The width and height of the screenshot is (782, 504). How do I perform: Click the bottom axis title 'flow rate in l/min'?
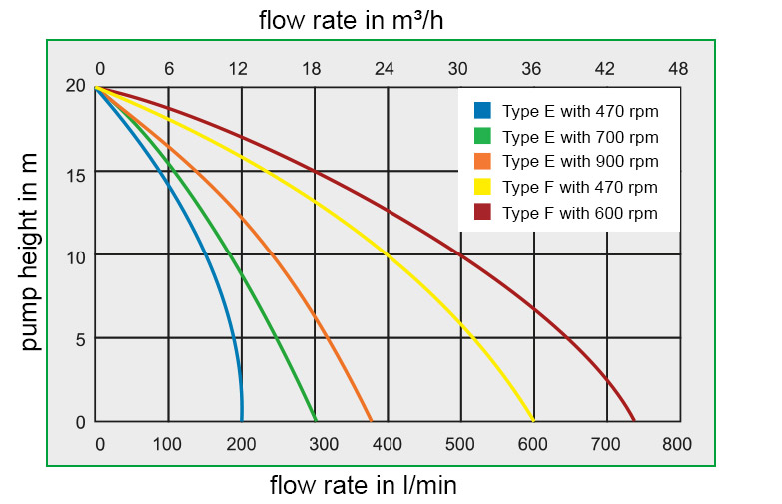[364, 486]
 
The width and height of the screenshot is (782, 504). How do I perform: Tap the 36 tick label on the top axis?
[531, 69]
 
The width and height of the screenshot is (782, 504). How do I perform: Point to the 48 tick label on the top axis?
[678, 69]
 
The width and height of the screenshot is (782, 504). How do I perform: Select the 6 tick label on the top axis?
[169, 69]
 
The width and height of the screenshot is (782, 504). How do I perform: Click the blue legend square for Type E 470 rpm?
[483, 110]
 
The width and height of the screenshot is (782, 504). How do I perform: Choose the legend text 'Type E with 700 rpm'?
[580, 136]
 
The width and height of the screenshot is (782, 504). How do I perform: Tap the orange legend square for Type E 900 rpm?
[483, 161]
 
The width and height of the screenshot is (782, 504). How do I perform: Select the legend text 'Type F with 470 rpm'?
[580, 187]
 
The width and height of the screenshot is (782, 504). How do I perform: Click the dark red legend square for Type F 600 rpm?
[483, 212]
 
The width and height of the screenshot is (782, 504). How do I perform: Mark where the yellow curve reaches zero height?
[534, 420]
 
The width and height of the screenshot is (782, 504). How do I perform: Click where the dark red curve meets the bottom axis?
[634, 420]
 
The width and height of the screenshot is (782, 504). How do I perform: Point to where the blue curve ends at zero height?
[242, 420]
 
